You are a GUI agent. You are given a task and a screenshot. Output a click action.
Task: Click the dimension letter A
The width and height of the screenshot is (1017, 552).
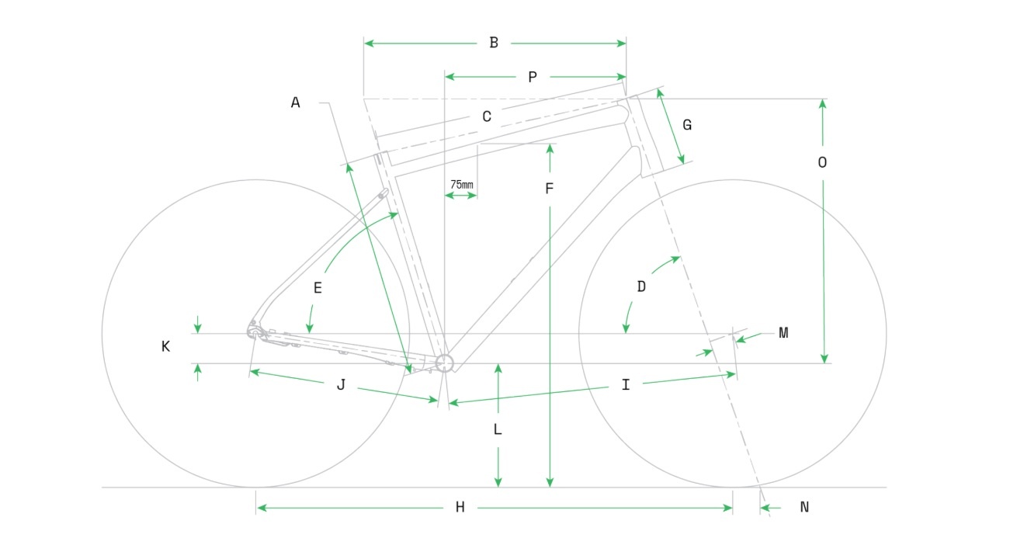[295, 102]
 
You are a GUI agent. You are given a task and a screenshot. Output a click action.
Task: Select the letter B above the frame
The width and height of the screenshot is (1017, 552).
[494, 43]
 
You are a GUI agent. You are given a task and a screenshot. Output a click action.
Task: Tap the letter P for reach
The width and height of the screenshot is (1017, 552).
[533, 77]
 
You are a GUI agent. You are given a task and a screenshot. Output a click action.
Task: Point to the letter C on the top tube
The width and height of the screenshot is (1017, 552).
[487, 117]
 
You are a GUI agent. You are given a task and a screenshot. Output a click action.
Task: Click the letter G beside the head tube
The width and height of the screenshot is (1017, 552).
[687, 125]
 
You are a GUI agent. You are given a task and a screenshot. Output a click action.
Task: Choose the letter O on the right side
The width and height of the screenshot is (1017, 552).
[823, 163]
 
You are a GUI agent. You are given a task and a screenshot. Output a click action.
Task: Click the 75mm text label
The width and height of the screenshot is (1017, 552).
[462, 185]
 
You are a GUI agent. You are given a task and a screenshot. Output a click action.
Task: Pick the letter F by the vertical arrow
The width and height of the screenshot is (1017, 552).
[549, 189]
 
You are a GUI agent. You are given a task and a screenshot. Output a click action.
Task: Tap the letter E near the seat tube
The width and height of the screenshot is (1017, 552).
[318, 288]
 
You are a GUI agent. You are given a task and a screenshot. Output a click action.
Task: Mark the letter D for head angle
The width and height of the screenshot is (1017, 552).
[641, 286]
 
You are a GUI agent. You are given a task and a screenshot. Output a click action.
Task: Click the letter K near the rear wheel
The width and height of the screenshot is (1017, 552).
[165, 347]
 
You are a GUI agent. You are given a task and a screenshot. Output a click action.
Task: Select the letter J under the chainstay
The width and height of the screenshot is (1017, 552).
[341, 385]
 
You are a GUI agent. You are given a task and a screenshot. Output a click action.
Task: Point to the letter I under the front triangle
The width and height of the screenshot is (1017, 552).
[626, 385]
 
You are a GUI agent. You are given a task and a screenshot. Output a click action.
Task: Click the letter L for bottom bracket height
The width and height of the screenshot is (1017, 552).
[498, 429]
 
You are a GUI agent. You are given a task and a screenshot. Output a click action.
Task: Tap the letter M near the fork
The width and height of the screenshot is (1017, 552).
[783, 333]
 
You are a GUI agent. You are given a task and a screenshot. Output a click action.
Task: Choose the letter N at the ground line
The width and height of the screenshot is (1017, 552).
[804, 508]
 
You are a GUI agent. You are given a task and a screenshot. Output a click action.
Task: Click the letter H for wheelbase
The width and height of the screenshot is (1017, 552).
[460, 508]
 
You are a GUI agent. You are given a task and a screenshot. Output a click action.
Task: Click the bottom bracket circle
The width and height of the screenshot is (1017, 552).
[444, 363]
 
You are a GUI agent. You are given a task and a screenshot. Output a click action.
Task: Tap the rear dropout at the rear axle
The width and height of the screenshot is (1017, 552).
[255, 332]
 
